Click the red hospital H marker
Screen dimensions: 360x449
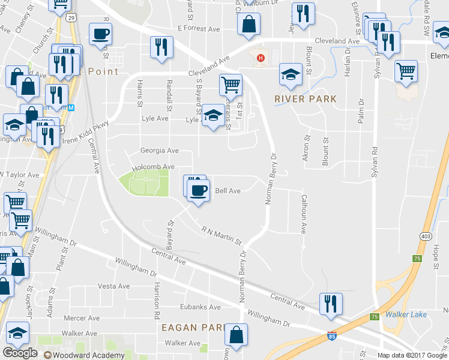coord(260,58)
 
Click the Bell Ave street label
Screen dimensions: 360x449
coord(228,191)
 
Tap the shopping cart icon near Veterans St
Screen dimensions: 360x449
coord(231,85)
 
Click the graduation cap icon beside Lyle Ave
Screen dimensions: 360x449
coord(212,115)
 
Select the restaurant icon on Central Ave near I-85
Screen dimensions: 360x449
coord(331,303)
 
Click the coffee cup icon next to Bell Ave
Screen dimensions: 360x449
coord(198,190)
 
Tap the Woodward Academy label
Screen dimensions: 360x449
coord(88,354)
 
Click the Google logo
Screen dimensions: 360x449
coord(20,353)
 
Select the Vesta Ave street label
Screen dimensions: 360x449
coord(113,286)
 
